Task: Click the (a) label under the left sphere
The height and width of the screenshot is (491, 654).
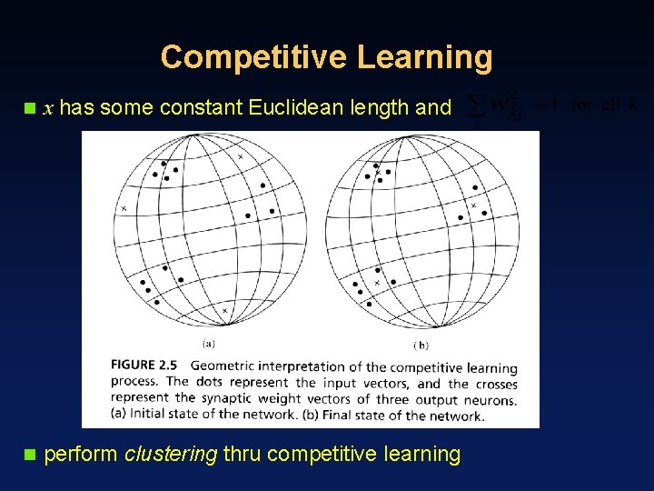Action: pos(208,345)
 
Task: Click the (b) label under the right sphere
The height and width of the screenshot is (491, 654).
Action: pos(421,345)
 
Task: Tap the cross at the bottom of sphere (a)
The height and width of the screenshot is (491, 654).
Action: pos(224,311)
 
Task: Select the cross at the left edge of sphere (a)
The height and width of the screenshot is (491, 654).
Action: pos(124,209)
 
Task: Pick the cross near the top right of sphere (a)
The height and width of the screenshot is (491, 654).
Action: pos(241,157)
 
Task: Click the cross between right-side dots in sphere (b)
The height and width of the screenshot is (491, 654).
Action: pos(473,206)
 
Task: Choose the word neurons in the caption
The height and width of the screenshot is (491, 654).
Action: pos(490,399)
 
